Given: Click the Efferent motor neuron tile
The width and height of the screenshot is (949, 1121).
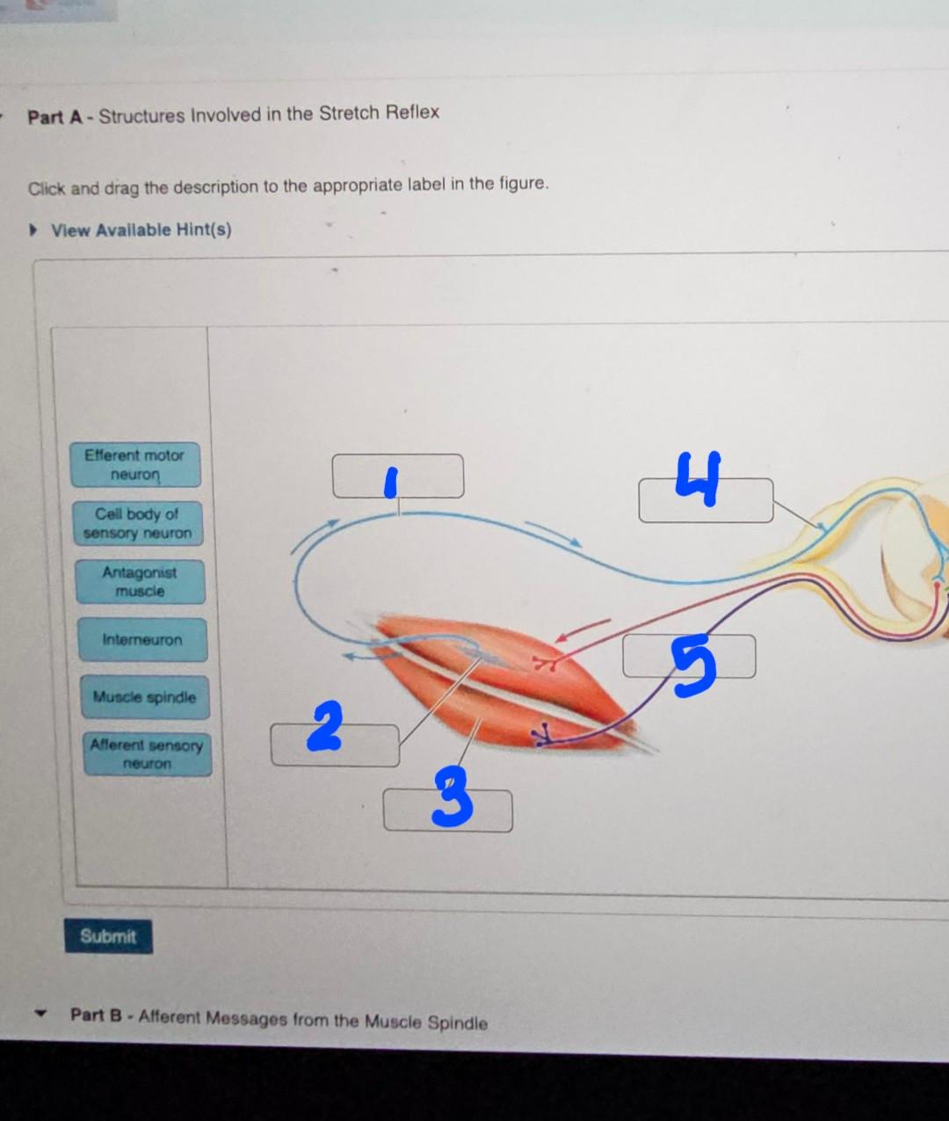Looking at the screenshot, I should pos(135,465).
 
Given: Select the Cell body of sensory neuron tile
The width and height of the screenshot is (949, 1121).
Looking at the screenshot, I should pos(138,523).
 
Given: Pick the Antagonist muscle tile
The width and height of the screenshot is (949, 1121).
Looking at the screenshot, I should pos(141,582).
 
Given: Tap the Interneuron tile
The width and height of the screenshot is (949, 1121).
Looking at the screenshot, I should pos(142,640).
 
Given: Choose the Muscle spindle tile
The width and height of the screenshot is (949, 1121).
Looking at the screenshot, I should pos(145,697).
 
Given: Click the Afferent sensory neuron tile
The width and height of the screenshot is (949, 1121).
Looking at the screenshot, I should pos(148,754).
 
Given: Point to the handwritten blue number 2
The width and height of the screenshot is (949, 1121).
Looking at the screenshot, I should pos(325,726).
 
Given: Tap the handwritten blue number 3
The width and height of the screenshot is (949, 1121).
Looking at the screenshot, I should pos(453,796).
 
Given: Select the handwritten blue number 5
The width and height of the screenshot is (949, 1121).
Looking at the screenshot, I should pos(694,666).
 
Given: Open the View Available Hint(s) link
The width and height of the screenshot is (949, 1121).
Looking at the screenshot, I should pos(141,230).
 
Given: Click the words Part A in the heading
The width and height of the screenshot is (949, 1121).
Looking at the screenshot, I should pos(55,117).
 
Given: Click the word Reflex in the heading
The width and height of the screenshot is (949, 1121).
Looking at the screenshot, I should pos(412,113).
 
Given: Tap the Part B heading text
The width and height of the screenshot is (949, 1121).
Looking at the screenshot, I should pos(279,1019).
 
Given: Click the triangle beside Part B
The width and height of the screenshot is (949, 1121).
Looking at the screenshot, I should pos(39,1014).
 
